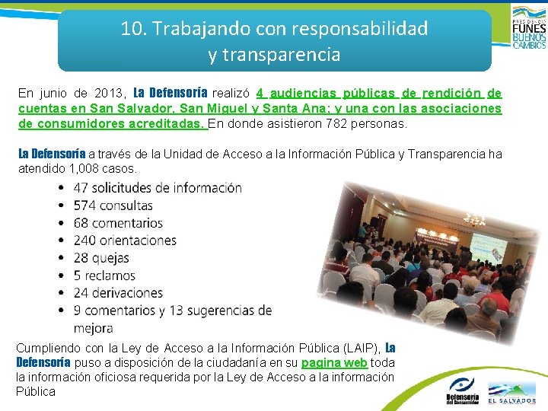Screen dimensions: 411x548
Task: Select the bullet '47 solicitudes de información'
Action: (158, 187)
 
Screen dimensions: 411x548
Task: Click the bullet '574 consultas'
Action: (113, 205)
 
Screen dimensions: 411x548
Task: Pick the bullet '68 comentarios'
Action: (118, 223)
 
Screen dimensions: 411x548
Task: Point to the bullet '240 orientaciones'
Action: (125, 241)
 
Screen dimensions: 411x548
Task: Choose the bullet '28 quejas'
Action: (101, 258)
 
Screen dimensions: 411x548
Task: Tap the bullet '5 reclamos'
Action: (104, 276)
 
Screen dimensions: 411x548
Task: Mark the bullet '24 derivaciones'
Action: (118, 293)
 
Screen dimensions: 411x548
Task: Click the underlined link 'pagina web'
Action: (334, 363)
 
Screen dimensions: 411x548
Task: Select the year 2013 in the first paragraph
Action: (109, 94)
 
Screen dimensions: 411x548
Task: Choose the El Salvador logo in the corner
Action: (511, 391)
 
